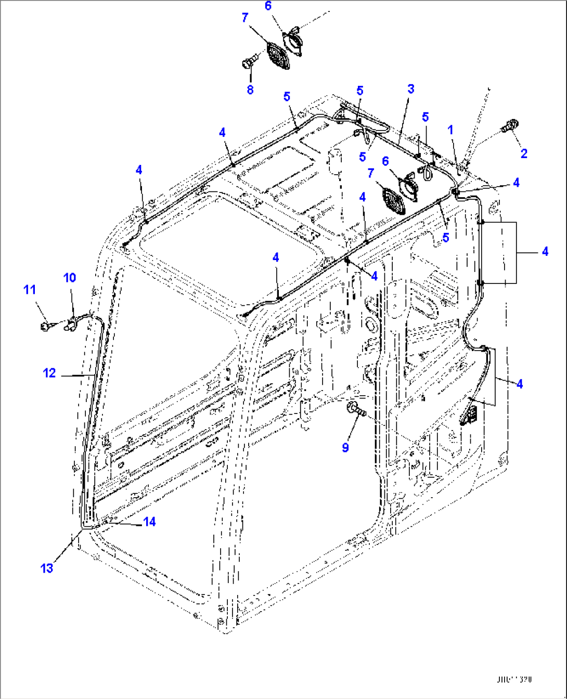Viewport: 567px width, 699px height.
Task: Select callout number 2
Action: (x=524, y=153)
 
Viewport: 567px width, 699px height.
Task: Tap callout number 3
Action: (x=410, y=88)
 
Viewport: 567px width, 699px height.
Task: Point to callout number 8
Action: (x=250, y=89)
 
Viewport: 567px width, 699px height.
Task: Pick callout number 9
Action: (x=345, y=447)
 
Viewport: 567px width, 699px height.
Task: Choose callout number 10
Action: (x=70, y=277)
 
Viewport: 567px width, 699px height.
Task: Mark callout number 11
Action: (x=30, y=289)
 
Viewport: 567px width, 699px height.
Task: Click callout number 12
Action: (x=49, y=373)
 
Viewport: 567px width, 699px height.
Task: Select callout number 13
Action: (x=47, y=568)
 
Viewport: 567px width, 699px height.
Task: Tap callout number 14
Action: (x=149, y=521)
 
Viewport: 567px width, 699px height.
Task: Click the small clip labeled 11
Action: (x=46, y=326)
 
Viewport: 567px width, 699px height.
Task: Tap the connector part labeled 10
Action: (x=69, y=326)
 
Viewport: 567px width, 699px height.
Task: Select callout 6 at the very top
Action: (x=268, y=6)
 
